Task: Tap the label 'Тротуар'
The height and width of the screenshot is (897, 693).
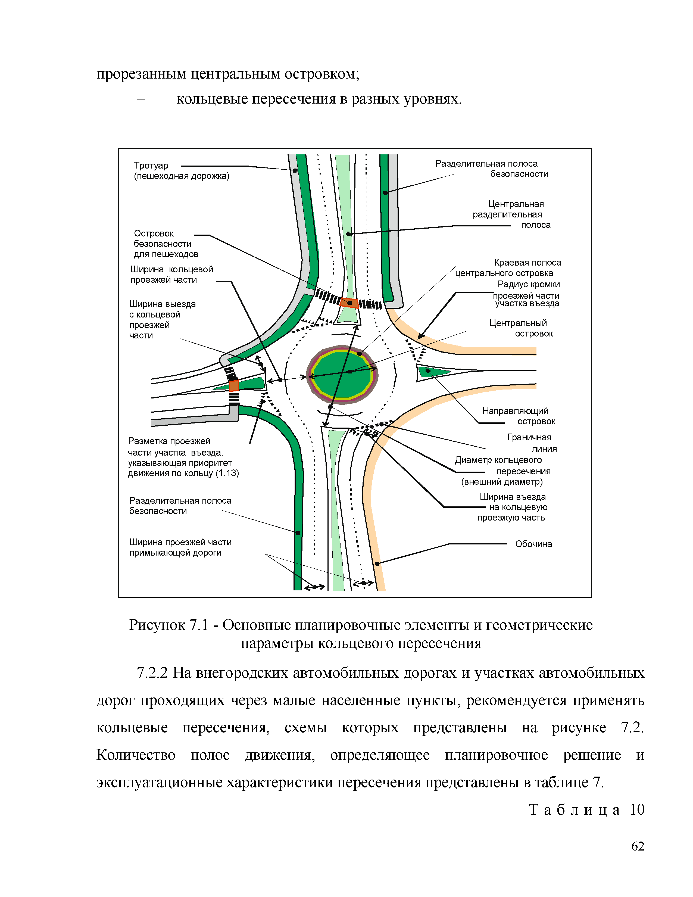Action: pyautogui.click(x=151, y=166)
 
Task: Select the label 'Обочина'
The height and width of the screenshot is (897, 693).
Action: pyautogui.click(x=533, y=544)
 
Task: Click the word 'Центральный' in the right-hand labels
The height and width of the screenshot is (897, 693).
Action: pyautogui.click(x=518, y=323)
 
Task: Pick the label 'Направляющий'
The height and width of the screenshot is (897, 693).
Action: pyautogui.click(x=515, y=411)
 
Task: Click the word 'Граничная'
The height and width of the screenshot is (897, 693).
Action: pyautogui.click(x=529, y=437)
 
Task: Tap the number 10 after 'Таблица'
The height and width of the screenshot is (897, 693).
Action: pyautogui.click(x=637, y=809)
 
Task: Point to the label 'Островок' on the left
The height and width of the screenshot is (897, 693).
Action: pyautogui.click(x=154, y=233)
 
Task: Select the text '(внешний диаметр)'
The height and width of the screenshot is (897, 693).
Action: pyautogui.click(x=502, y=482)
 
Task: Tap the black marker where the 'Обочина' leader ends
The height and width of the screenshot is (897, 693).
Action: pyautogui.click(x=377, y=564)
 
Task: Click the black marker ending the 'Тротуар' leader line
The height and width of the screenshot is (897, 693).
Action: pyautogui.click(x=295, y=170)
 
